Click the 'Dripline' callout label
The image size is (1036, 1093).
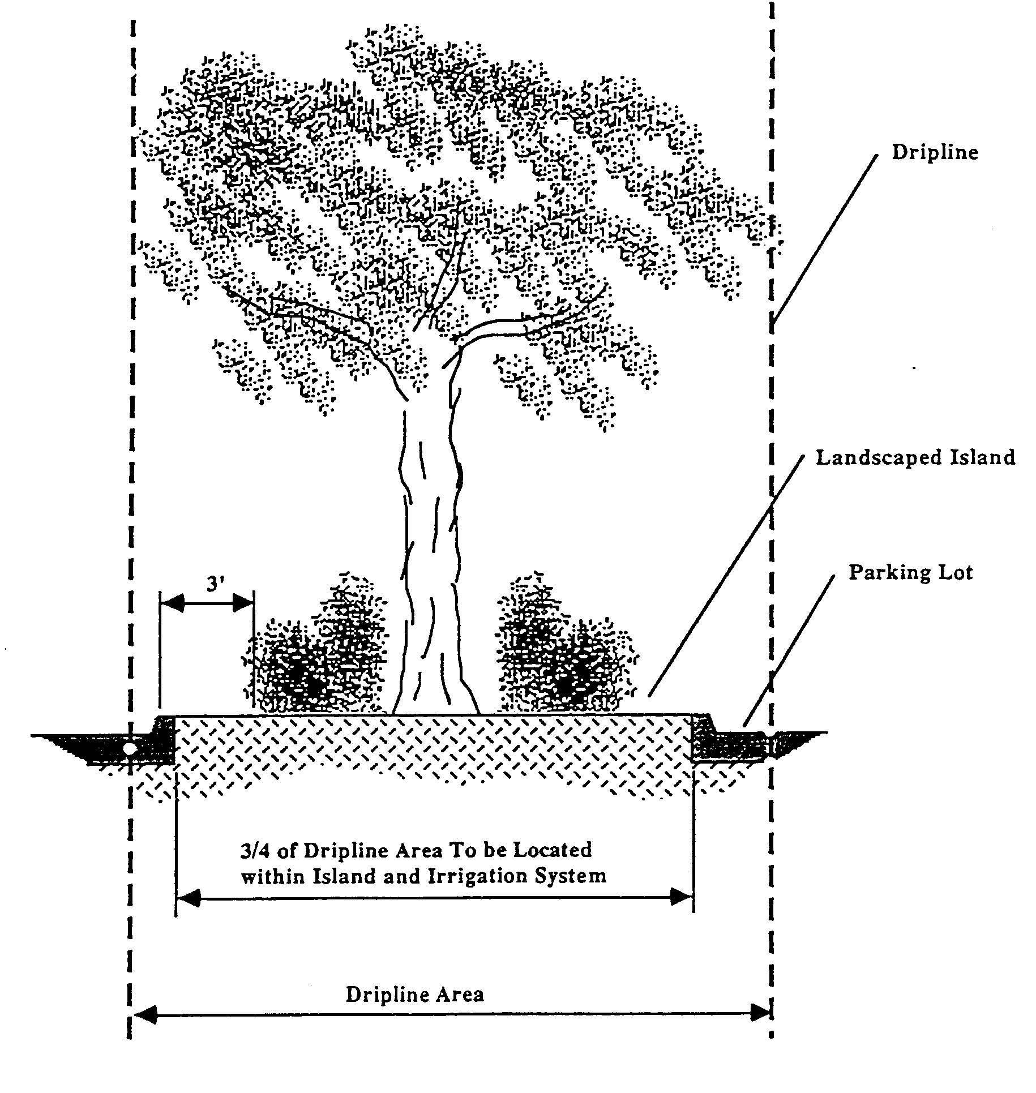[935, 153]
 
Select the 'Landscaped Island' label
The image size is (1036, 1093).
[915, 457]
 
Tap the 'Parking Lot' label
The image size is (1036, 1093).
[910, 572]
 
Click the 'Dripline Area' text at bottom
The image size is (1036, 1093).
[415, 995]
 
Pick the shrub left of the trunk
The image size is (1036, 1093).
[317, 657]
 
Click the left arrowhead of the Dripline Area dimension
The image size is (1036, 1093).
[145, 1014]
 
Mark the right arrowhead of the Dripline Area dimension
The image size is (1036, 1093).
[759, 1014]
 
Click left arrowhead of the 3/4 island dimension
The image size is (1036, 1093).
[189, 897]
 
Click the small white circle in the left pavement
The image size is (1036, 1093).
[130, 748]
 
